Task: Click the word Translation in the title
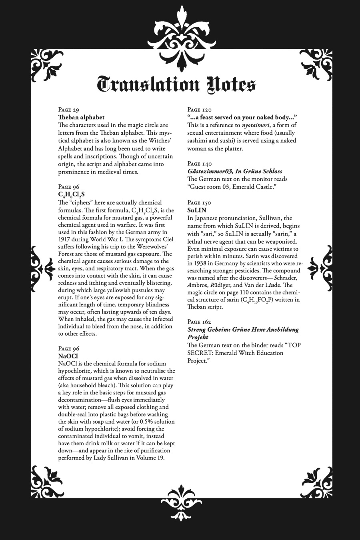pos(148,85)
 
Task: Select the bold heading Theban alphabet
pos(81,117)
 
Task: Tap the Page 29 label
pos(69,110)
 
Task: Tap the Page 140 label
pos(200,164)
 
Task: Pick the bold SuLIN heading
pos(196,210)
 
